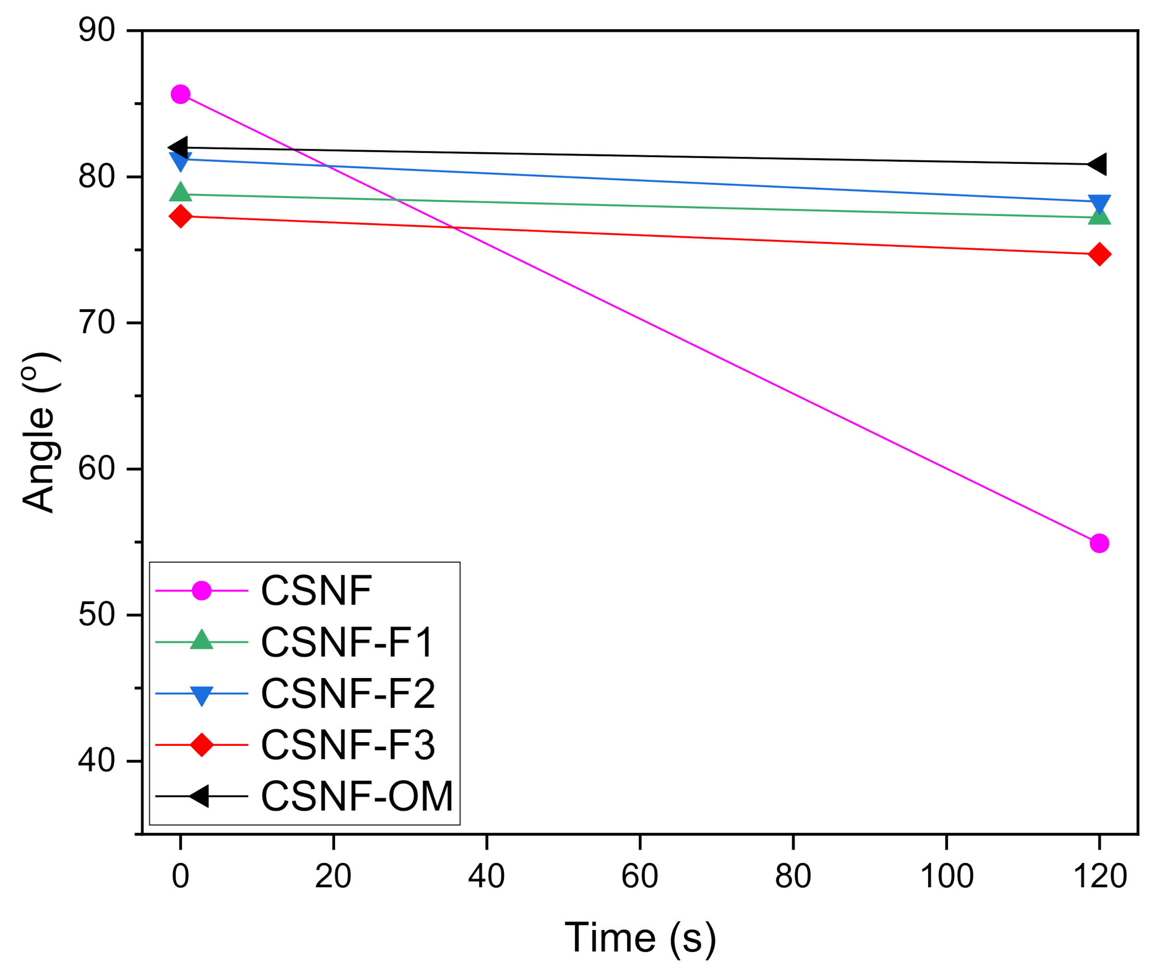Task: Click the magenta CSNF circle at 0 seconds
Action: tap(180, 94)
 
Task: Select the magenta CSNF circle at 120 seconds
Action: tap(1099, 544)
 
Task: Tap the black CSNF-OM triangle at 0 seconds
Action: tap(178, 148)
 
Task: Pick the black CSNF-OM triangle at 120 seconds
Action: tap(1097, 164)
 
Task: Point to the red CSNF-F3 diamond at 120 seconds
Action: tap(1099, 254)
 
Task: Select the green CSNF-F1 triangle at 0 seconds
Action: tap(180, 192)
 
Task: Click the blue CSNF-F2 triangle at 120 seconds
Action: tap(1099, 203)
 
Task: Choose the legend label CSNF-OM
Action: tap(357, 796)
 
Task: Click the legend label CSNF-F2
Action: tap(348, 694)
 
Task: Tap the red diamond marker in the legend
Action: tap(201, 745)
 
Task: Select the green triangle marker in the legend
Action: tap(201, 641)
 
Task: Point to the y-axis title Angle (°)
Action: tap(39, 432)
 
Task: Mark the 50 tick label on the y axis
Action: tap(96, 614)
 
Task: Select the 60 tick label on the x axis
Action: tap(639, 876)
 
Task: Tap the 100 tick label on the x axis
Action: tap(946, 876)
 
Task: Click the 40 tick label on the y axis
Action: tap(96, 760)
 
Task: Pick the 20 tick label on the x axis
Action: tap(333, 876)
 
